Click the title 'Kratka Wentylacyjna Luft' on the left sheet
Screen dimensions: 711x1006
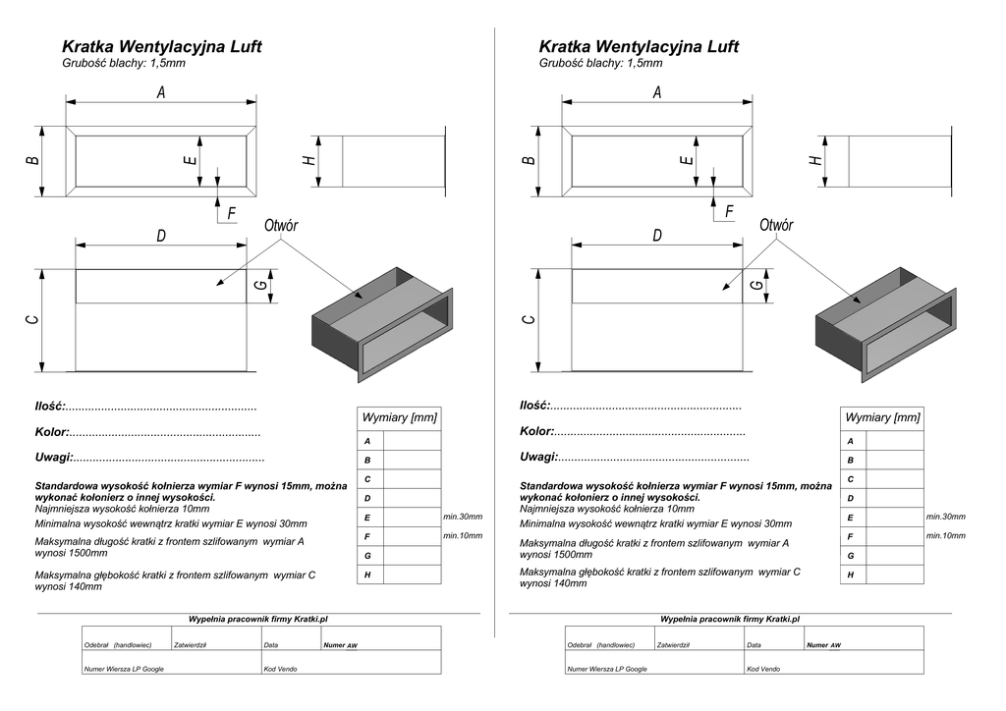[162, 46]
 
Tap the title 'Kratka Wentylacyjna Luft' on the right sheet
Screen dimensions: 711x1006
[639, 46]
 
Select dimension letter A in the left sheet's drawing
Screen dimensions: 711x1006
[161, 92]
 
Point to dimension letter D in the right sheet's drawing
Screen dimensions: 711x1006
[656, 236]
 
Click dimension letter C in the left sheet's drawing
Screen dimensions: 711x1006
[32, 320]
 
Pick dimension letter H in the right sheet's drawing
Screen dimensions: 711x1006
[814, 159]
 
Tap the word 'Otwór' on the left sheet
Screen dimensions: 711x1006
[281, 226]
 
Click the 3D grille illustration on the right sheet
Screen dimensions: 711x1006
[885, 323]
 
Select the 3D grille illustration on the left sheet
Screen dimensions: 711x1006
[381, 323]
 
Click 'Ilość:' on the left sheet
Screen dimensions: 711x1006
[50, 406]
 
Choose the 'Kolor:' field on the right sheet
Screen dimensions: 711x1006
[537, 431]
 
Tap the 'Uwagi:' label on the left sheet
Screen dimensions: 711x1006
[54, 457]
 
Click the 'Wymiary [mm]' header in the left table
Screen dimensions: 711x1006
[399, 417]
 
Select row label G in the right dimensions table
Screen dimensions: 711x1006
[851, 556]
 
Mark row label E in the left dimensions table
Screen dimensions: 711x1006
[367, 518]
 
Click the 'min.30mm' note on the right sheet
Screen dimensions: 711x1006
[946, 517]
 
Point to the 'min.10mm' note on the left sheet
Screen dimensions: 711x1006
[463, 535]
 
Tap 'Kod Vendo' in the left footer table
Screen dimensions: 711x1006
[280, 669]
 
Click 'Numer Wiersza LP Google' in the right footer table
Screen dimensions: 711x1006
[607, 669]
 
